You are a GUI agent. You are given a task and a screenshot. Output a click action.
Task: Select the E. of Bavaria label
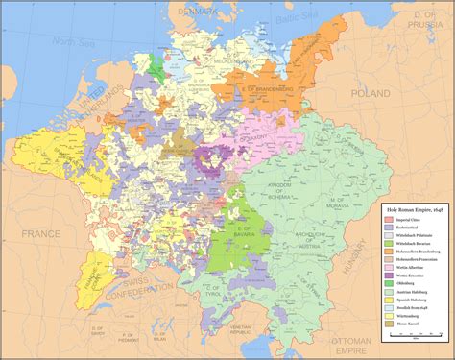point(224,226)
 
